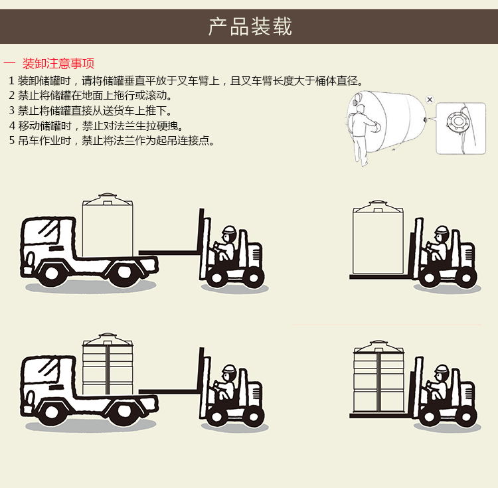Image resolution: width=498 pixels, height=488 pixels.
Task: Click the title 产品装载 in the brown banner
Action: [250, 27]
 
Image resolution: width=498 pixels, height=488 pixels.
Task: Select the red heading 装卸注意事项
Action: [58, 64]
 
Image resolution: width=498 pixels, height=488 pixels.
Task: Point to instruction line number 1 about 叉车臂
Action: [187, 81]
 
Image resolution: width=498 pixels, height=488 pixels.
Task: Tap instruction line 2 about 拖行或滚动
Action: [90, 96]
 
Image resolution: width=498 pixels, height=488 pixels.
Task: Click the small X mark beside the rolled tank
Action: [430, 100]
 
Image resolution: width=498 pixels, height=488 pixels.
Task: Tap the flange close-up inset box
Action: [460, 127]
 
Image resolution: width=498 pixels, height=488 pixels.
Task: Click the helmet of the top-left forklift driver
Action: [229, 232]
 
